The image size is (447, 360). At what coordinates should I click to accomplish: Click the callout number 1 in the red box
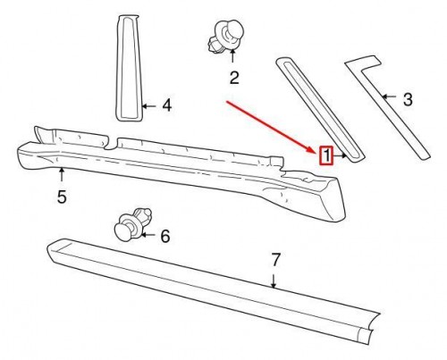(x=327, y=155)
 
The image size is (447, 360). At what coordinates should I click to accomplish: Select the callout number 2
(x=234, y=78)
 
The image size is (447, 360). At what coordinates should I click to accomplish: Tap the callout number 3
(x=407, y=99)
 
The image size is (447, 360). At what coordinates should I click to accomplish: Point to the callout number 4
(x=166, y=106)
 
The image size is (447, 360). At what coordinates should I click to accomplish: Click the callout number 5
(x=62, y=197)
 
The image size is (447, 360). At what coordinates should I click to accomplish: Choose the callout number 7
(x=275, y=261)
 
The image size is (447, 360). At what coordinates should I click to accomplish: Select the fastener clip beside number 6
(x=129, y=228)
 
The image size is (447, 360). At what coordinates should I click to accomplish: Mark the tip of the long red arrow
(x=315, y=151)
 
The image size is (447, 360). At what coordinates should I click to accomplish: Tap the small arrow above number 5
(x=62, y=173)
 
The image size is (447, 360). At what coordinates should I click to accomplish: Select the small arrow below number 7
(x=275, y=282)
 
